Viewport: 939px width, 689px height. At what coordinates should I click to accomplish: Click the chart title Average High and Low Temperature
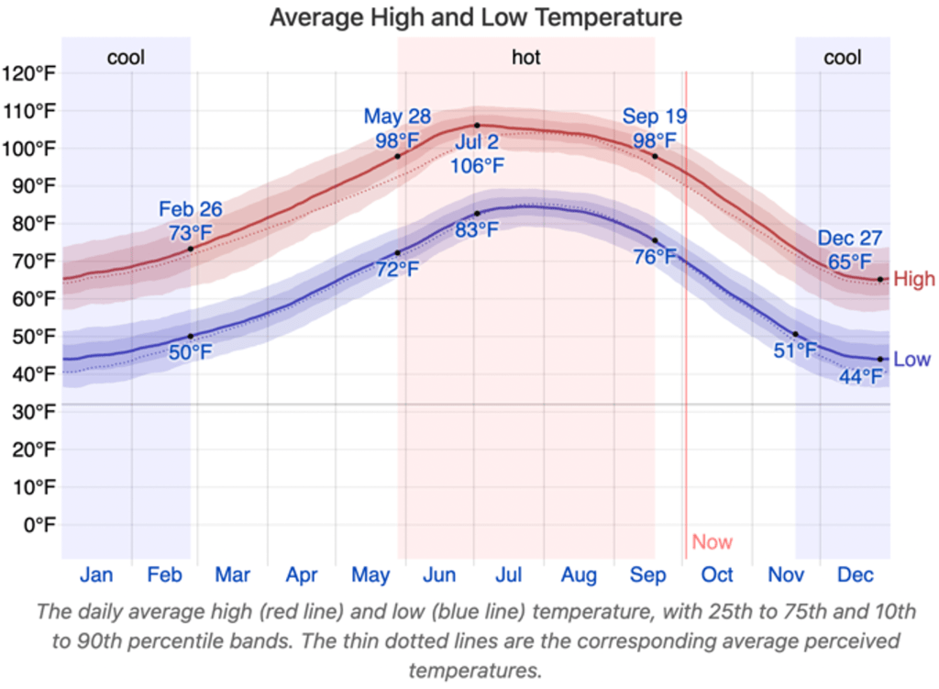point(475,17)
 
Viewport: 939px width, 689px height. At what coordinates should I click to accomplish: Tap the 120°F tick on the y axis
point(30,74)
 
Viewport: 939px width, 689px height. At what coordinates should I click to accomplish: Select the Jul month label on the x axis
point(509,575)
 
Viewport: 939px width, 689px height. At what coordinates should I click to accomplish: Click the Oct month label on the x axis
point(717,575)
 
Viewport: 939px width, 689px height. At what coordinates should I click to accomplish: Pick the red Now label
point(713,541)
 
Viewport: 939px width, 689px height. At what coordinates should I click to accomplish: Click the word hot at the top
point(526,58)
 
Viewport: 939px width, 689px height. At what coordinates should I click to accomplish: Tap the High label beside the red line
point(914,279)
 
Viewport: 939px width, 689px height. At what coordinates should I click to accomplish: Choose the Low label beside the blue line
point(911,360)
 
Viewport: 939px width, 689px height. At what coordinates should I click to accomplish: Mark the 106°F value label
point(477,166)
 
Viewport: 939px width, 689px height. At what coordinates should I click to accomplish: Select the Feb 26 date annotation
point(191,209)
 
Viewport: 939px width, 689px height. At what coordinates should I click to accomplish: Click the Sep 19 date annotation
point(655,117)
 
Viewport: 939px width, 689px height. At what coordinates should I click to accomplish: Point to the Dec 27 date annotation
point(850,240)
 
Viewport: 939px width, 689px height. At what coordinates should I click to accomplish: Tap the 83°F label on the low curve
point(477,229)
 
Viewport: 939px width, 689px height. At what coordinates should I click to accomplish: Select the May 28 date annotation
point(397,117)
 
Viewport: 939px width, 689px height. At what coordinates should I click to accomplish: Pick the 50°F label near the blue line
point(190,352)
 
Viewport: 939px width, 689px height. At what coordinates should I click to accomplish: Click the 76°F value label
point(655,257)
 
